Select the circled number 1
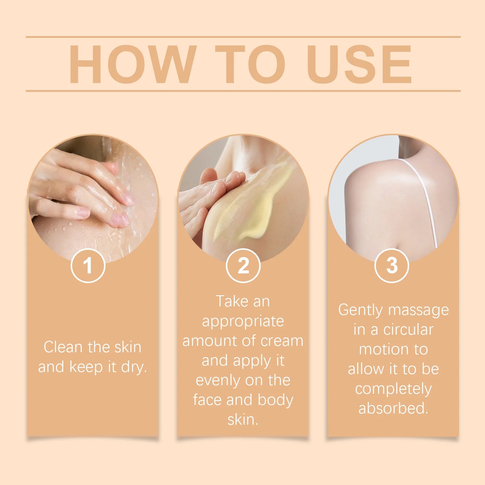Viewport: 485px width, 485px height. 88,266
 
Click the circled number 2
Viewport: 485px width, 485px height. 243,266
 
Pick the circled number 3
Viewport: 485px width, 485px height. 392,266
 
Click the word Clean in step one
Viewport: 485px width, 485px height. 63,347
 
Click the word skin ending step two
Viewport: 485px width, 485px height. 242,420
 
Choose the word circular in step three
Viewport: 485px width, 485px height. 408,330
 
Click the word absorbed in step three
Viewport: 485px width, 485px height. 393,408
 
